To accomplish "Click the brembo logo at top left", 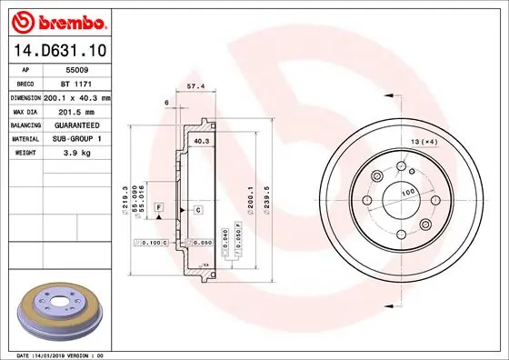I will [x=61, y=19].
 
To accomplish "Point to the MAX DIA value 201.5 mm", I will [x=77, y=110].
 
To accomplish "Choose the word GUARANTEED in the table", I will [x=76, y=125].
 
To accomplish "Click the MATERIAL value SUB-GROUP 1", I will [x=78, y=138].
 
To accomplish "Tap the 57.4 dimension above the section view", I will [x=194, y=86].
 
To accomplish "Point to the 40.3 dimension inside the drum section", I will [x=202, y=141].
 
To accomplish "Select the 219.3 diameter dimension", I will [x=124, y=197].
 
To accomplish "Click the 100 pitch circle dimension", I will [x=407, y=192].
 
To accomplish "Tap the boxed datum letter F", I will [x=159, y=209].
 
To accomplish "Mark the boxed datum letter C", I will [x=197, y=210].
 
